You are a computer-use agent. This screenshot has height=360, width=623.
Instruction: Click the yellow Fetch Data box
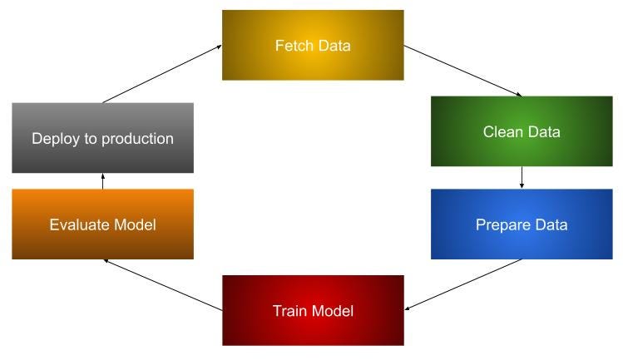click(313, 45)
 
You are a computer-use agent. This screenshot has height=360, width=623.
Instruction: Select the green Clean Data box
click(522, 131)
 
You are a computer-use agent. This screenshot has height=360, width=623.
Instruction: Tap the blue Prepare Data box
click(522, 224)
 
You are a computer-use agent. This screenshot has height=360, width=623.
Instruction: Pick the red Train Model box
click(313, 310)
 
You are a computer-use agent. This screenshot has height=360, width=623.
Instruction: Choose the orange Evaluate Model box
click(102, 224)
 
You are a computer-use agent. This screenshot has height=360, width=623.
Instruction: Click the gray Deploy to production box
click(102, 138)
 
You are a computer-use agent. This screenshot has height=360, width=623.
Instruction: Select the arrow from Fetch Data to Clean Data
click(462, 71)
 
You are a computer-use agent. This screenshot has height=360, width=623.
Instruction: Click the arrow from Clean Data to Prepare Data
click(522, 178)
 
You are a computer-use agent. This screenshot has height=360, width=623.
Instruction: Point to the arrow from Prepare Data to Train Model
click(462, 284)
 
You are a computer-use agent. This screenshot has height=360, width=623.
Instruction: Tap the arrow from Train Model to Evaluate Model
click(163, 284)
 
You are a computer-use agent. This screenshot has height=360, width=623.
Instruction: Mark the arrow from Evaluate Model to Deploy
click(102, 181)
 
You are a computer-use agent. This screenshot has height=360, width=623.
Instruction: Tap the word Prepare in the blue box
click(502, 225)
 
